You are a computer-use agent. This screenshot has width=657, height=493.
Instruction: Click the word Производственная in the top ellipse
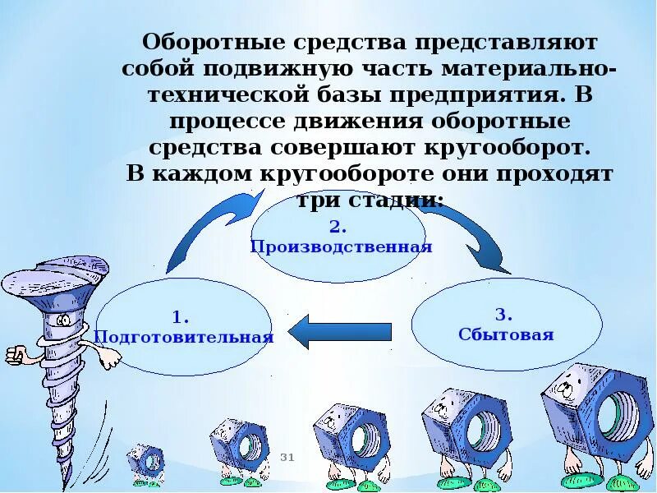click(341, 246)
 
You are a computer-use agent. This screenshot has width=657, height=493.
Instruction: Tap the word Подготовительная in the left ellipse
click(183, 337)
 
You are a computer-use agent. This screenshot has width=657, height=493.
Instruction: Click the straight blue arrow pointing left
click(341, 331)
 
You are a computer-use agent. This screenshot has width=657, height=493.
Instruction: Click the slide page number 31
click(287, 457)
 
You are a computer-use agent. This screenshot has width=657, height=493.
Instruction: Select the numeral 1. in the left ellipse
click(181, 317)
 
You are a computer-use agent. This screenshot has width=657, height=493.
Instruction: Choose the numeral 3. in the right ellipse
click(504, 315)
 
